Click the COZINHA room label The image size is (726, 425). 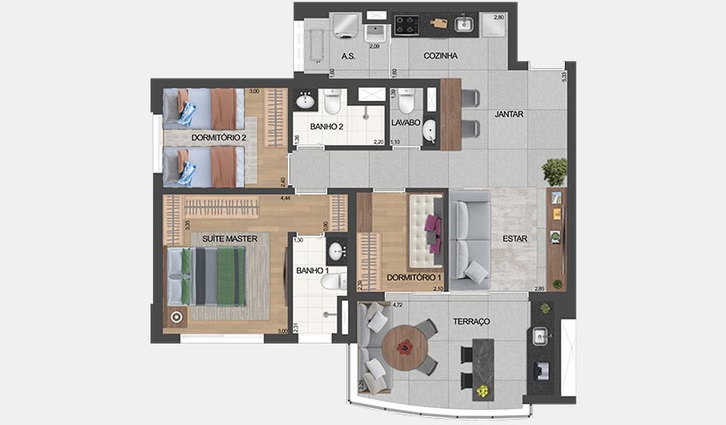click(x=440, y=56)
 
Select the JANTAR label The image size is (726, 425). click(x=508, y=113)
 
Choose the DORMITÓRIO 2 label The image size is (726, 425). click(x=218, y=137)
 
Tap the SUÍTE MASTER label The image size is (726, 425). click(x=229, y=239)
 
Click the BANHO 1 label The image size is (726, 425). click(x=313, y=270)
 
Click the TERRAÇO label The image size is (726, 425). click(x=471, y=321)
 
